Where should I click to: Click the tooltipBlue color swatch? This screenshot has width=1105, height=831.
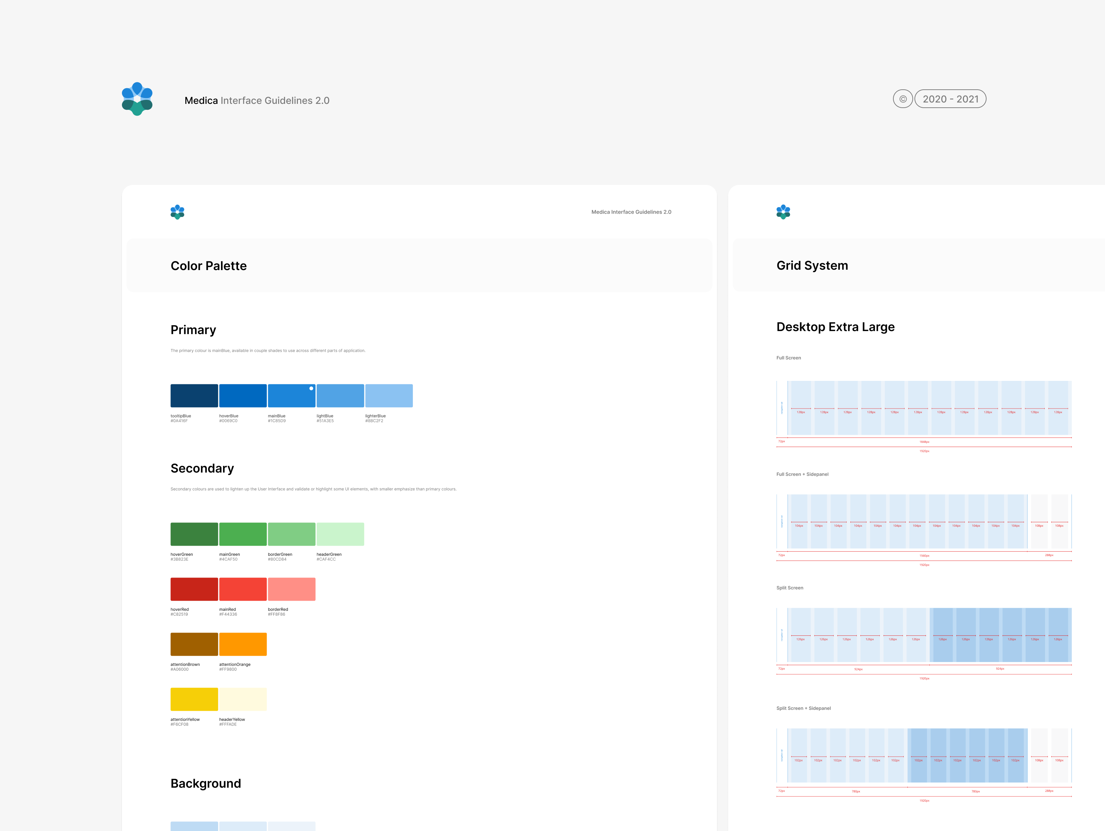pos(194,395)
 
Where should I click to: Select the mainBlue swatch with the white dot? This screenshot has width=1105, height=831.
pos(291,395)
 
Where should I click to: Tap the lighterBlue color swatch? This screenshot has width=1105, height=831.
pos(389,395)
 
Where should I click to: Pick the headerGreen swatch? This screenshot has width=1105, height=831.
pos(340,534)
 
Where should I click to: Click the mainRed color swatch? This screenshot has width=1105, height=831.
pos(243,589)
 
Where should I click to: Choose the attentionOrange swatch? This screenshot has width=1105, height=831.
pos(243,644)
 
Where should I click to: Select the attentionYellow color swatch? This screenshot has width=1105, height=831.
pos(194,699)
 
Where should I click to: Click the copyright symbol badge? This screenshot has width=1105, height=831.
pos(903,99)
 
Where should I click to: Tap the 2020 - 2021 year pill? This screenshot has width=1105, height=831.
pos(950,99)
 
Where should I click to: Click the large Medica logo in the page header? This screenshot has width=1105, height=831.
pos(137,99)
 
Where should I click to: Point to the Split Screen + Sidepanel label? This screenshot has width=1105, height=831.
pos(803,708)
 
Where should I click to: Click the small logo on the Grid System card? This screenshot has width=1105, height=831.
pos(783,212)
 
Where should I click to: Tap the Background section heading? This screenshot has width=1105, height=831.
pos(206,783)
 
